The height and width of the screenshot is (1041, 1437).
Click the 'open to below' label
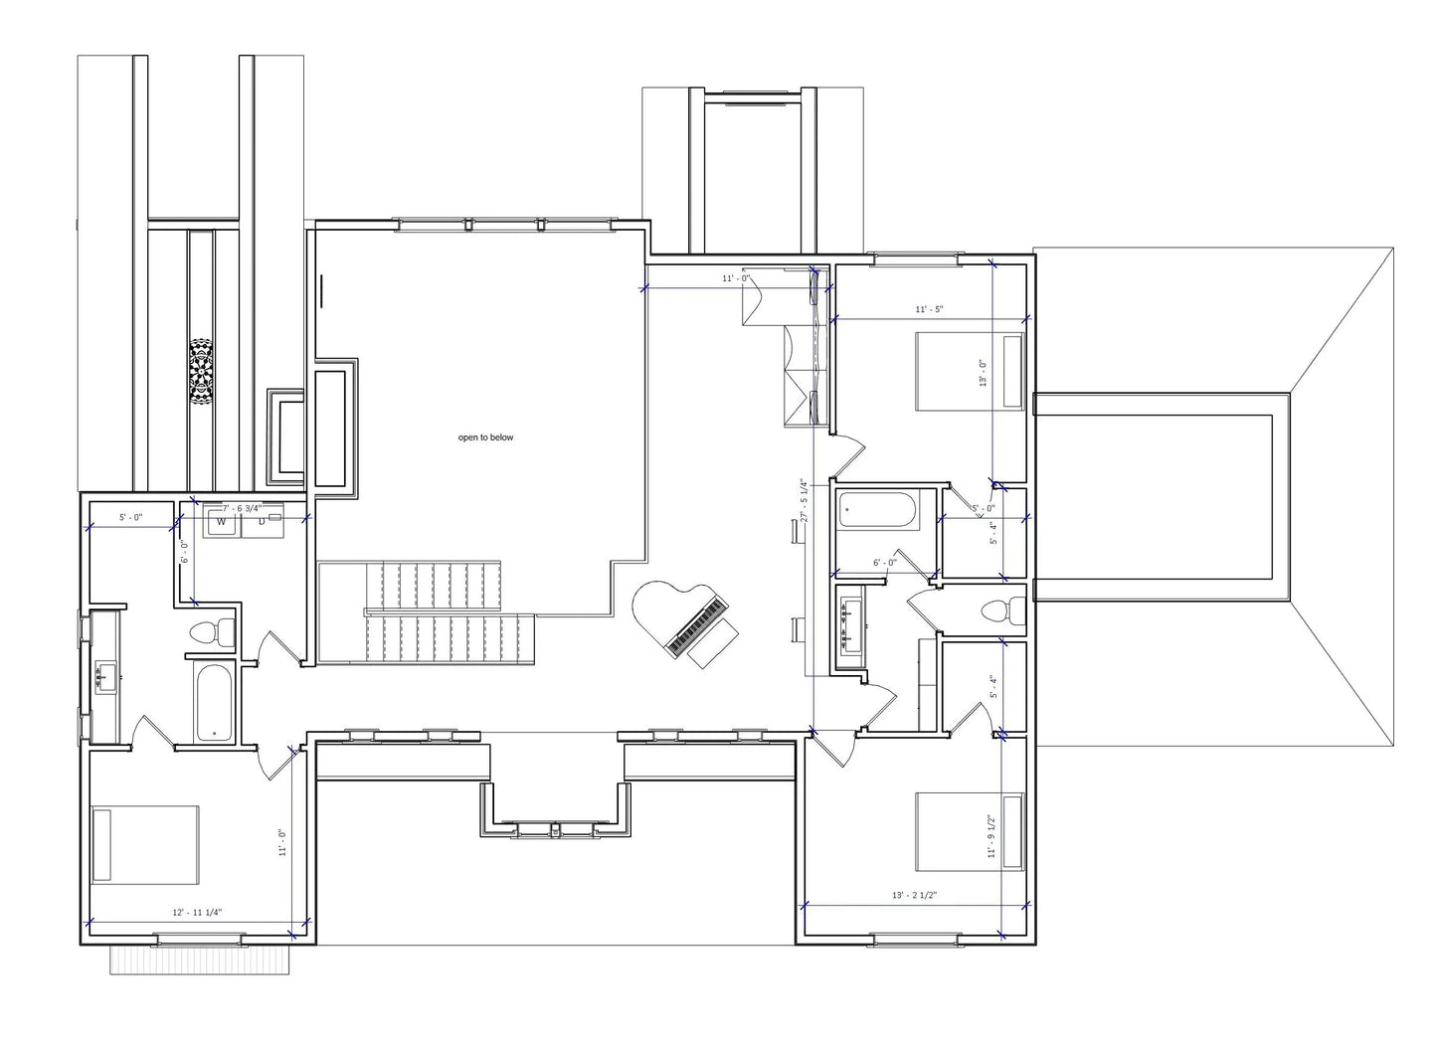(x=485, y=437)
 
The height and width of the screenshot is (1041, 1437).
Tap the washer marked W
(x=222, y=521)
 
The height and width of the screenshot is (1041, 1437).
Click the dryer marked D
(x=264, y=521)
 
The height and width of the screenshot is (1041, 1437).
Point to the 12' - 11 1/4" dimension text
(x=197, y=912)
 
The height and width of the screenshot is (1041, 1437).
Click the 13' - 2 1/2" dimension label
(x=916, y=895)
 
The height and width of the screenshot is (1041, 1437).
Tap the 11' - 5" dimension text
(x=929, y=309)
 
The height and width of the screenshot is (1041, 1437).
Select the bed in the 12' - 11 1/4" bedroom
(x=145, y=844)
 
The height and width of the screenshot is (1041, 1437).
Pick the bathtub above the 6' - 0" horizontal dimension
(x=876, y=510)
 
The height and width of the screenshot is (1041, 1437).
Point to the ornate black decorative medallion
(x=201, y=372)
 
